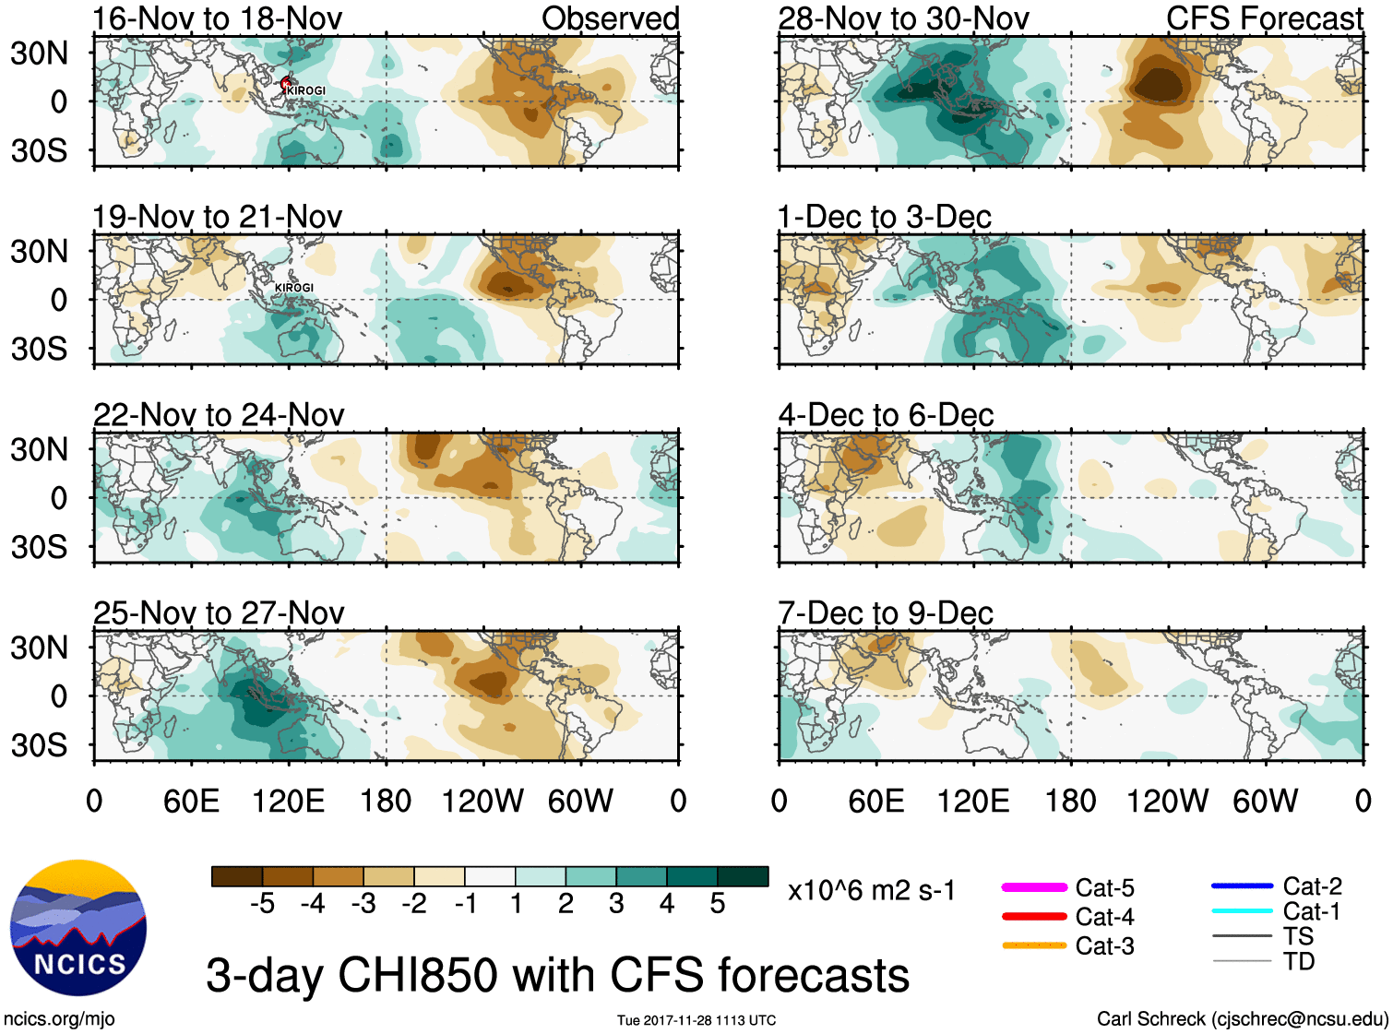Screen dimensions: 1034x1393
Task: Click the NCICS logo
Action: coord(78,927)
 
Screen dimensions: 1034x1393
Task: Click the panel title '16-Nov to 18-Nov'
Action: coord(217,18)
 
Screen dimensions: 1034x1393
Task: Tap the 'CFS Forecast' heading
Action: coord(1264,18)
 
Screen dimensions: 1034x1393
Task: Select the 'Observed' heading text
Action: coord(610,18)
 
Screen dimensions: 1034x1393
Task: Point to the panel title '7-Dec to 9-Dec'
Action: coord(885,613)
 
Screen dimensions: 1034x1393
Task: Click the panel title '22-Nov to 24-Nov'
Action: coord(219,415)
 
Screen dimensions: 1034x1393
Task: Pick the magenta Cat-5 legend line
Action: coord(1034,887)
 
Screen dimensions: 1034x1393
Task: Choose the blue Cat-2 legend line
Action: coord(1242,886)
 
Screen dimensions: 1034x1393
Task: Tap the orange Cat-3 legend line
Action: coord(1034,945)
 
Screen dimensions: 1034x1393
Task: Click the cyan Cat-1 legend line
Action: coord(1242,911)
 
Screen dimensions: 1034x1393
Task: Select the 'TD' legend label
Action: coord(1299,961)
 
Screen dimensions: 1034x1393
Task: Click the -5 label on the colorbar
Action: coord(262,904)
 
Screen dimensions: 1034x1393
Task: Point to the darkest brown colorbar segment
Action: coord(237,876)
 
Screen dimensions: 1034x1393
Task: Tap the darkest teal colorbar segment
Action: coord(743,876)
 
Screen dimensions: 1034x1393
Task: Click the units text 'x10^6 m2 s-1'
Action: coord(871,891)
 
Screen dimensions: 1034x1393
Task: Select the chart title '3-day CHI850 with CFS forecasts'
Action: coord(557,975)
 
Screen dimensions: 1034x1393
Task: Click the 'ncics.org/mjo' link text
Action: coord(59,1018)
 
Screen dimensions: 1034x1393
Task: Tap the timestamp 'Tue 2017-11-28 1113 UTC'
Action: coord(696,1020)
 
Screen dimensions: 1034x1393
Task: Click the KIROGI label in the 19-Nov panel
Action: coord(294,288)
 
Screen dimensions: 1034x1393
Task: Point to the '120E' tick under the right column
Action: coord(973,801)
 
